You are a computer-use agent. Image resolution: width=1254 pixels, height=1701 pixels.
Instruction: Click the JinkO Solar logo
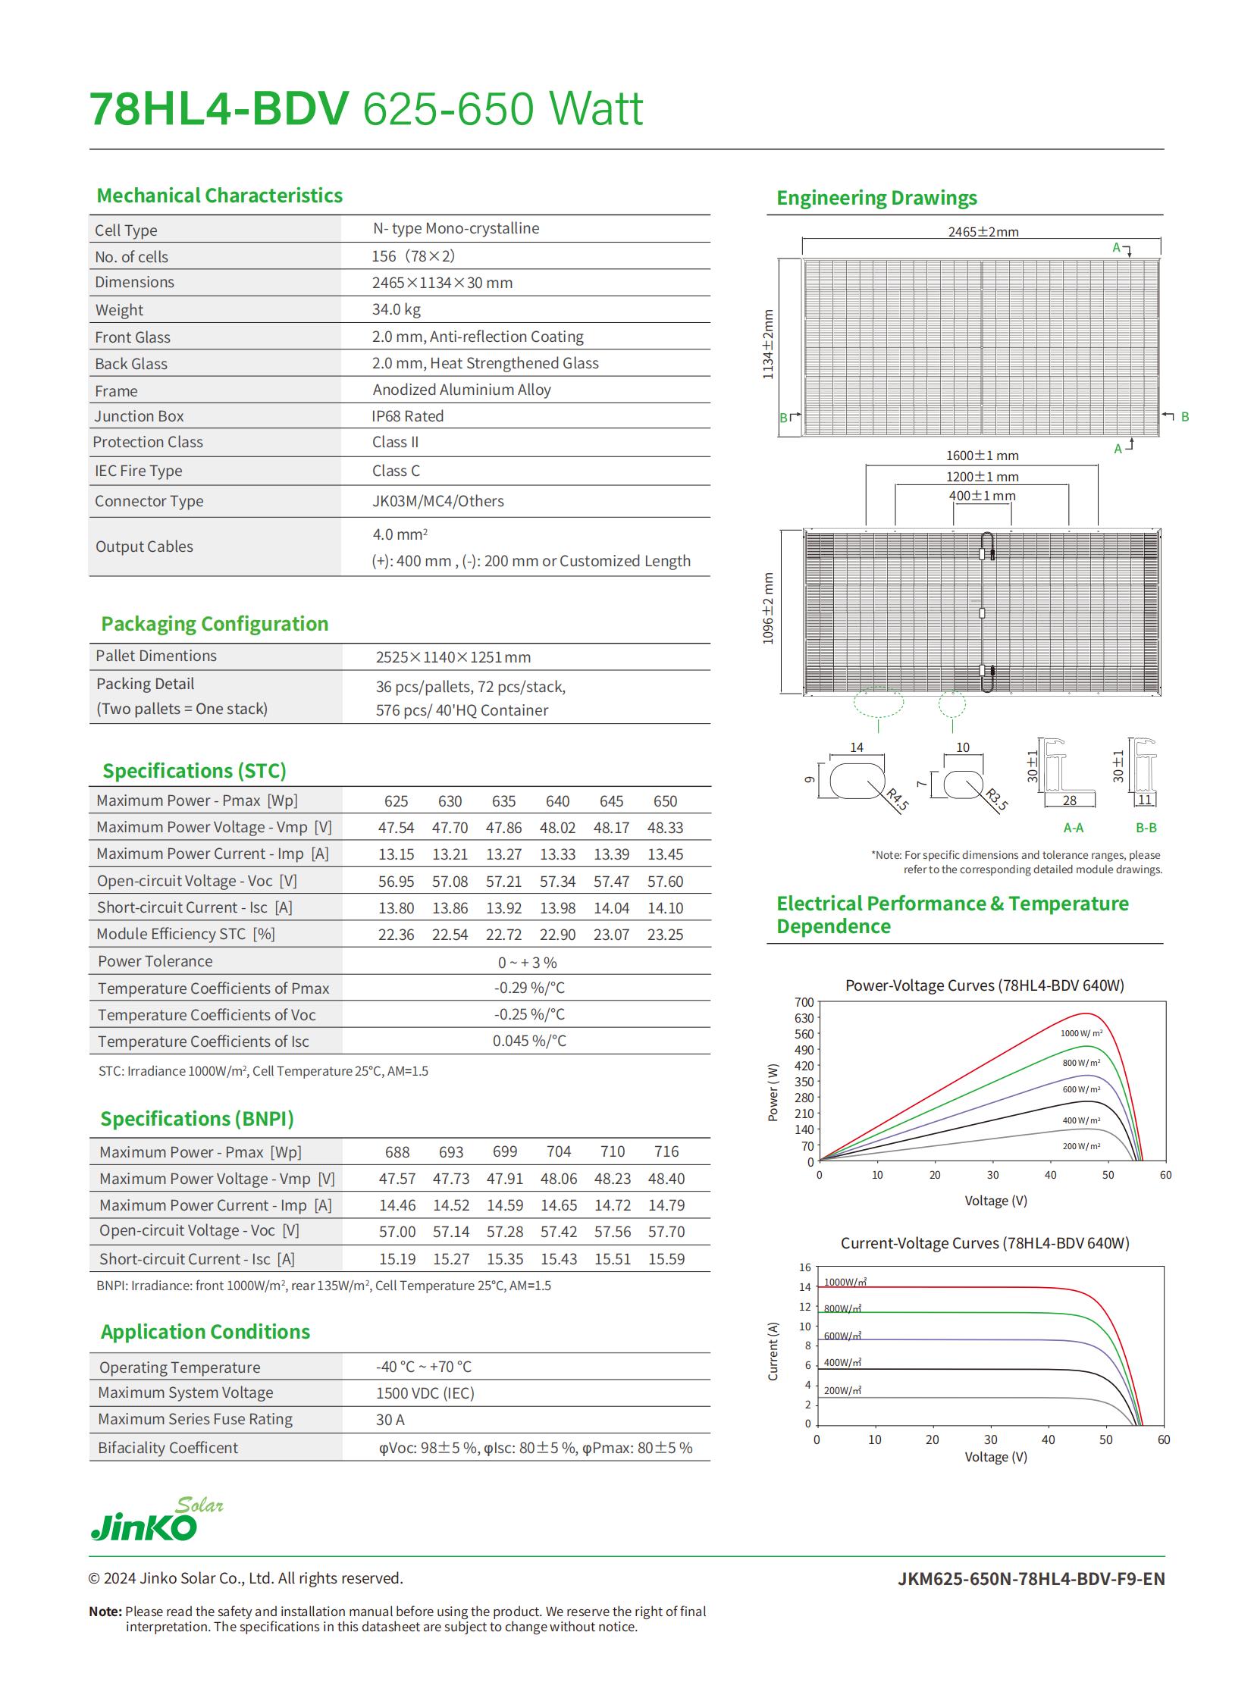(155, 1521)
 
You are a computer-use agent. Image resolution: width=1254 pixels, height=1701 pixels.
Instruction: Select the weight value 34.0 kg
(396, 310)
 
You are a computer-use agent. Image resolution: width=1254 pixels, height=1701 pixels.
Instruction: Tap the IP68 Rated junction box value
(407, 416)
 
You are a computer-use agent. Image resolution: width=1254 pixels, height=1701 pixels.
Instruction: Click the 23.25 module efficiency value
(665, 935)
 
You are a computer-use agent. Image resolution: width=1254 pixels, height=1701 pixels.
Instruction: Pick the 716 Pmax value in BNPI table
(666, 1151)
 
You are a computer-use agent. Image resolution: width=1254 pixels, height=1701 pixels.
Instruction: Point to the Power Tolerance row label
(155, 961)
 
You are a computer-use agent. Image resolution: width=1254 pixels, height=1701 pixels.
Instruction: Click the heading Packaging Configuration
(215, 624)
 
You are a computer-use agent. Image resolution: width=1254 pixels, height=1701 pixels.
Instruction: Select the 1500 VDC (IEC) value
(425, 1392)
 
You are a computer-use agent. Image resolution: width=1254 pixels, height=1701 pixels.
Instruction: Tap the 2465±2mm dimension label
(983, 231)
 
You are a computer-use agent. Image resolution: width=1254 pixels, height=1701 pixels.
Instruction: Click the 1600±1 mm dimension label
(983, 456)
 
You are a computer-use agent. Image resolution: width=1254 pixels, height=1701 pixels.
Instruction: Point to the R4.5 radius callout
(898, 800)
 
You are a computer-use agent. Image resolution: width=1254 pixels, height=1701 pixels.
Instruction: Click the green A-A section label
(1073, 827)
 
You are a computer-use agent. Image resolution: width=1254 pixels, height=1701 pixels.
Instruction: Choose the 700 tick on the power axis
(804, 1003)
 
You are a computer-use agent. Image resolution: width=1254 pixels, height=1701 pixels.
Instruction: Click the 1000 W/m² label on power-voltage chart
(1081, 1033)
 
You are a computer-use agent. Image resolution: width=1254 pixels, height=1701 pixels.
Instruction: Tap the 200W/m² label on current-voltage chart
(842, 1390)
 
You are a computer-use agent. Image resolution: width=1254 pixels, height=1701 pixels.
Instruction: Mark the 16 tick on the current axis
(804, 1267)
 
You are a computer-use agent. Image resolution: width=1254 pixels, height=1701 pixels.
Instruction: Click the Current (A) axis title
(773, 1351)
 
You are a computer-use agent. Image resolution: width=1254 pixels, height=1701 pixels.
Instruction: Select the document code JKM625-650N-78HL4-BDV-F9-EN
(1030, 1579)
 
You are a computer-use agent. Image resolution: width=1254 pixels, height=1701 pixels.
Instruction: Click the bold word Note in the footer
(105, 1612)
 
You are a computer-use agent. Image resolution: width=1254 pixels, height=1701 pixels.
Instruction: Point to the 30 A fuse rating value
(390, 1420)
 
